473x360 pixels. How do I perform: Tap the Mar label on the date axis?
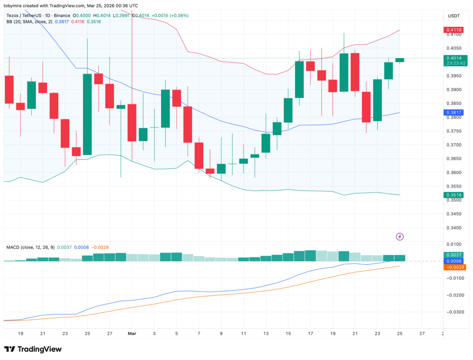[x=132, y=333]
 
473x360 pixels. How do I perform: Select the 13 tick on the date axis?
[x=266, y=333]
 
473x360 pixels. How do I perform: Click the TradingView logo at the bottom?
[x=33, y=349]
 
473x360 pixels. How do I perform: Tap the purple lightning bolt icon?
[x=400, y=237]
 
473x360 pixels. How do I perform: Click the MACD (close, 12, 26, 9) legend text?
[x=30, y=247]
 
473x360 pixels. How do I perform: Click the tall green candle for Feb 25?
[x=87, y=114]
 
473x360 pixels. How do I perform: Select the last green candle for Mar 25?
[x=400, y=60]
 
